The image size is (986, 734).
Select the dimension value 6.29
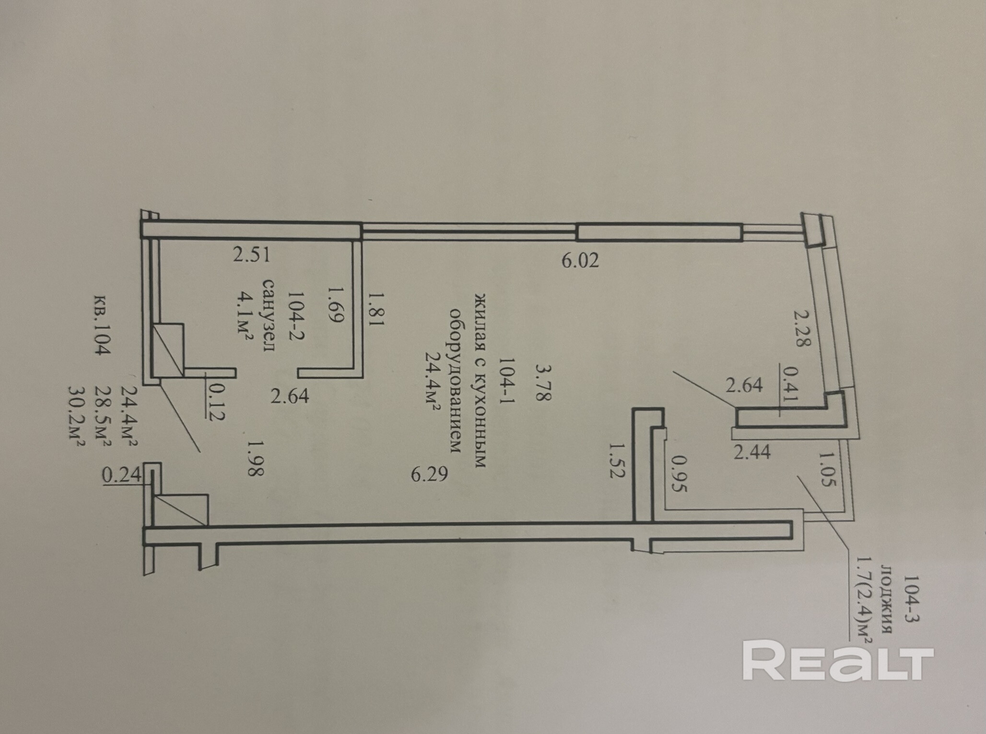click(x=429, y=474)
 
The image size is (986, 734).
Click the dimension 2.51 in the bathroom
click(x=251, y=255)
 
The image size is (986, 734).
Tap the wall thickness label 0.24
click(x=122, y=475)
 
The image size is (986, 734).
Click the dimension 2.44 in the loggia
click(x=752, y=452)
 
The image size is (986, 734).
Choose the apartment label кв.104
click(x=102, y=324)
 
